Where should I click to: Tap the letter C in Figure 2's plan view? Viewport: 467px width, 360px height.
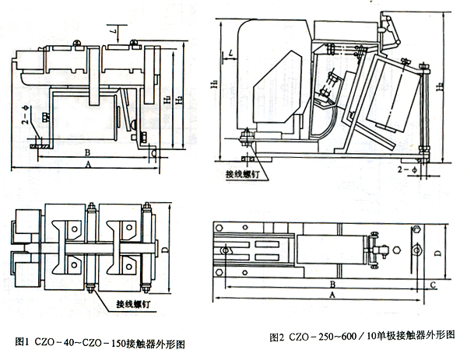click(432, 285)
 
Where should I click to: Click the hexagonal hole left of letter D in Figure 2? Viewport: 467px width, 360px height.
click(418, 250)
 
